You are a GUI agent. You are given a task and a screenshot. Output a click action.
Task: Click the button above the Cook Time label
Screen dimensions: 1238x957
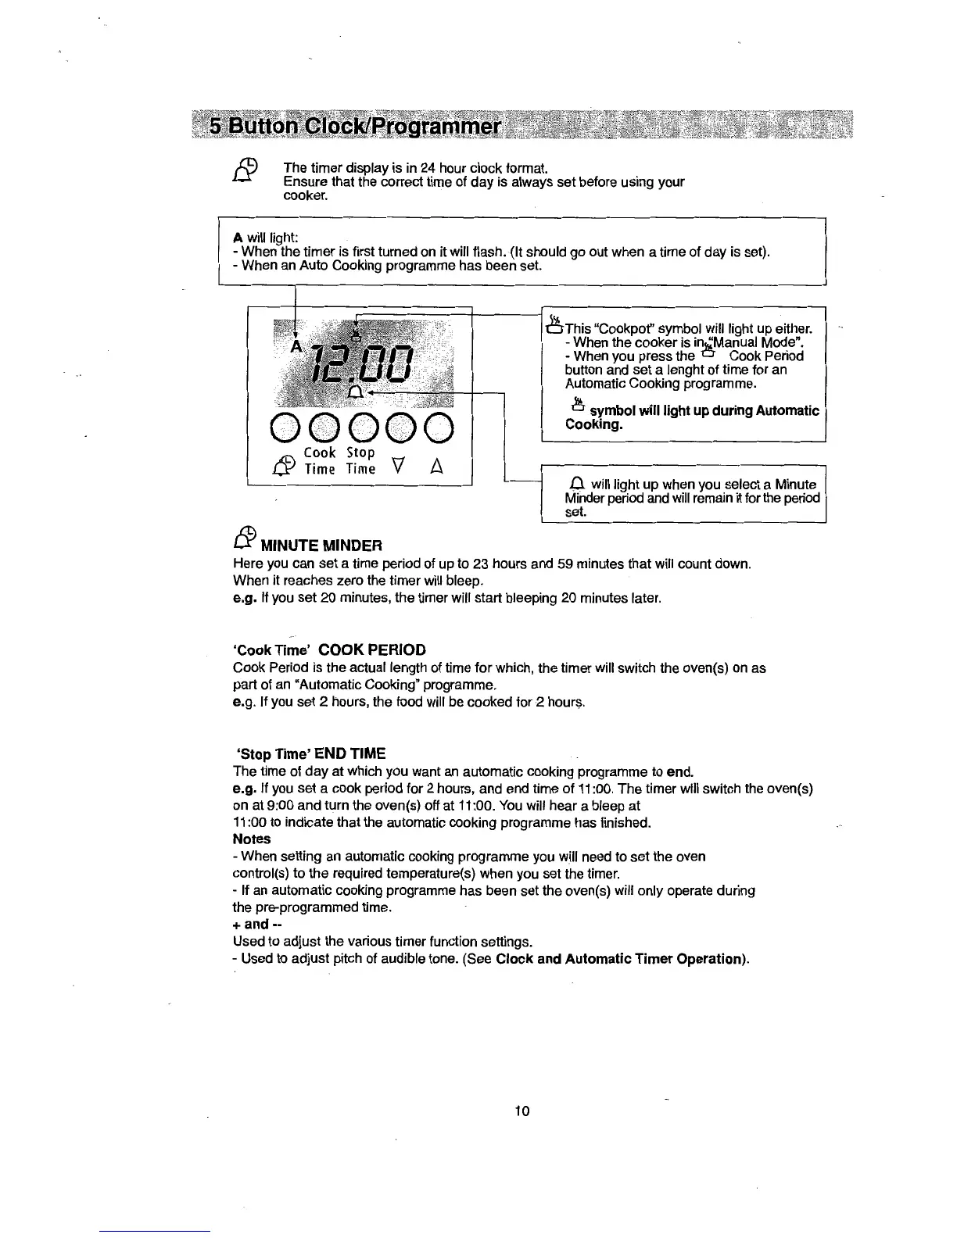(x=320, y=427)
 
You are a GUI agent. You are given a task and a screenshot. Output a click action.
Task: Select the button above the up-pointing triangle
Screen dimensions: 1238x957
(x=439, y=427)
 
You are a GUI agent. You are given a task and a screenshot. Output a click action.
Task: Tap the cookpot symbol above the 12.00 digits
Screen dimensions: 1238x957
(x=356, y=335)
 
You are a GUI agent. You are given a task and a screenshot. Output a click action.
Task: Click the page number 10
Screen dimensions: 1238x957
(x=523, y=1111)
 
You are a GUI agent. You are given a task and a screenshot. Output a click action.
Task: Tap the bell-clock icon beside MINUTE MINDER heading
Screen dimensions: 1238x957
(x=246, y=535)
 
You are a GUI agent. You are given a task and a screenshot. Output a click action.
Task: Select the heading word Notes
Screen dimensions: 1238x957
(x=252, y=839)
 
